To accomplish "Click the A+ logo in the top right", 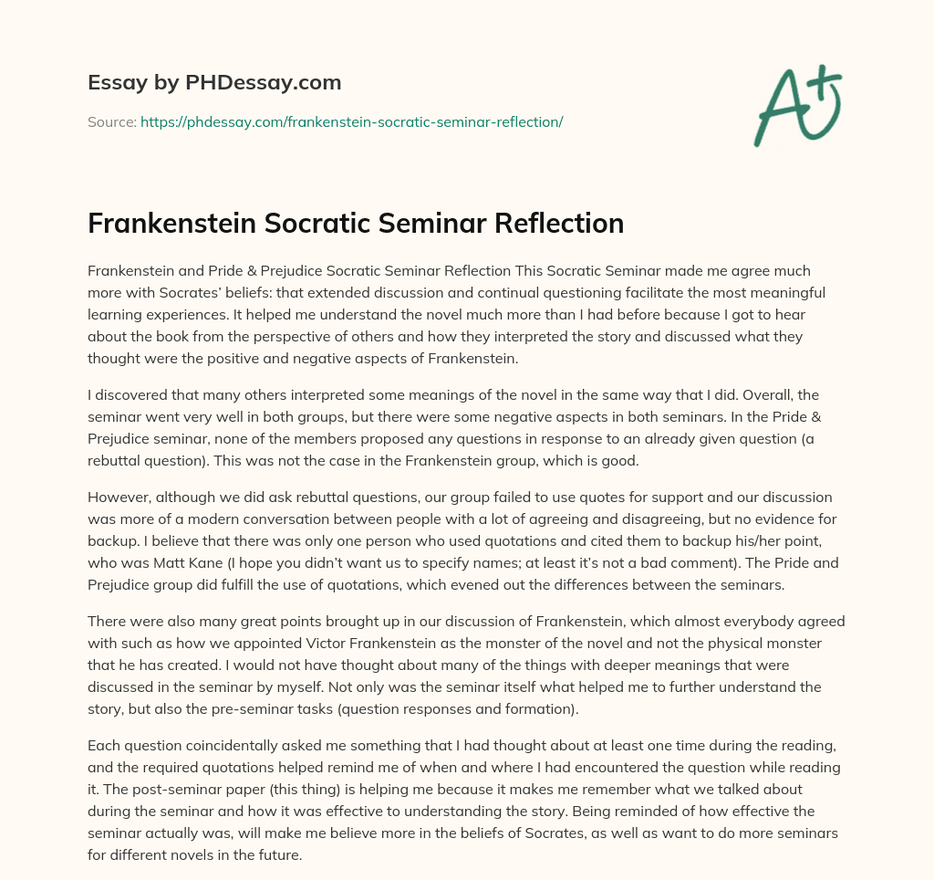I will coord(797,105).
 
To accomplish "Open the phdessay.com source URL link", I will coord(351,121).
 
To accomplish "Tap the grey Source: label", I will coord(111,121).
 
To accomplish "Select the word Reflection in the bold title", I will coord(556,223).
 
